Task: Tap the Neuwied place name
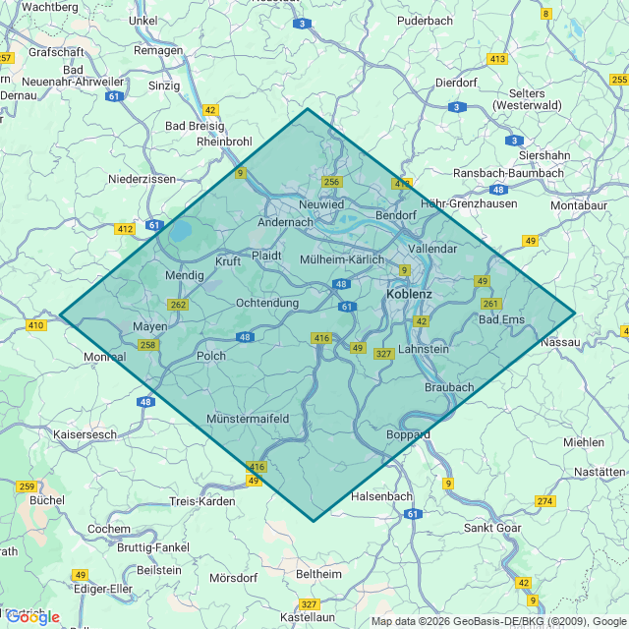[321, 204]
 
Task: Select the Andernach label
[284, 222]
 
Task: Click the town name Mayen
[150, 325]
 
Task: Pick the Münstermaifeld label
[248, 419]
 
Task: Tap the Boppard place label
[409, 433]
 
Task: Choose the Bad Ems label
[502, 319]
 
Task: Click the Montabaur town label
[580, 205]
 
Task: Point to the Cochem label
[108, 529]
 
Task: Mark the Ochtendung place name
[267, 303]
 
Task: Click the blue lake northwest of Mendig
[182, 232]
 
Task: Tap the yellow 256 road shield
[331, 182]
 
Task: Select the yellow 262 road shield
[178, 305]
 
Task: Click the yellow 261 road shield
[491, 303]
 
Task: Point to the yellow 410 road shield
[36, 325]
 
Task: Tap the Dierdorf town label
[455, 83]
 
